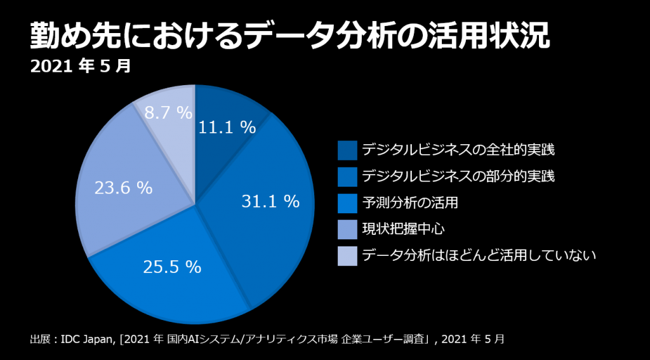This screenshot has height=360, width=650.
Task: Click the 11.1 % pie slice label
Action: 227,128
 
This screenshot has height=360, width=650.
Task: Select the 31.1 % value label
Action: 270,201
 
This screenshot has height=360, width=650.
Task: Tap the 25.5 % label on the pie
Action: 171,267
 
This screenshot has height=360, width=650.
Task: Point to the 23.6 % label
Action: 123,188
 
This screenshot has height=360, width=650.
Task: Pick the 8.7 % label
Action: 168,113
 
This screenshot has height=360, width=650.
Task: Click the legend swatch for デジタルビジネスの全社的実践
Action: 347,150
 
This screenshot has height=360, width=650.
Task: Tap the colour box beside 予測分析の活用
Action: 347,203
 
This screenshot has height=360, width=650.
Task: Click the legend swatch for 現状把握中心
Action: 347,230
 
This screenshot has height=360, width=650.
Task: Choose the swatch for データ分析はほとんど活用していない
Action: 347,257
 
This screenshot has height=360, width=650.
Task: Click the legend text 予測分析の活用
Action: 409,203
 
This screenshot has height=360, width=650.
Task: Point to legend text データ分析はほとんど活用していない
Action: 479,257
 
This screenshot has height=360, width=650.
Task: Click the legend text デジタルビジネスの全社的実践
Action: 458,150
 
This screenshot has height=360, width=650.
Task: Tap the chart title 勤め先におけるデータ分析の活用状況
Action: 289,37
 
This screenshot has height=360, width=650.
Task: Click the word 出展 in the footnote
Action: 39,339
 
